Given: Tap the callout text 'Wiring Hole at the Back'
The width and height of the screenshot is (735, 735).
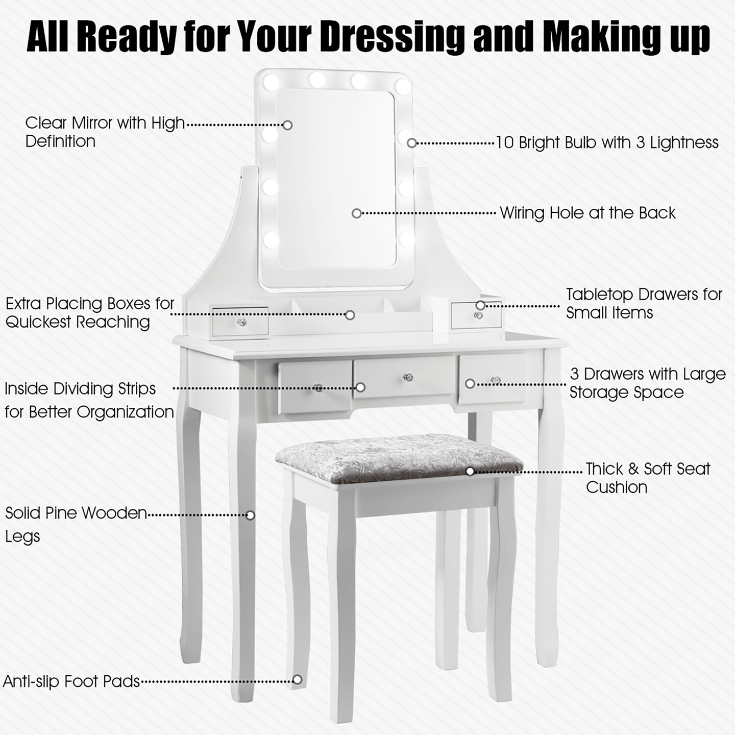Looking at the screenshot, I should point(587,212).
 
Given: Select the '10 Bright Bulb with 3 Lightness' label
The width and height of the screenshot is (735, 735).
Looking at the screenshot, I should point(607,142).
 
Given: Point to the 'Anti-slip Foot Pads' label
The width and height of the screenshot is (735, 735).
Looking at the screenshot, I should point(71,681).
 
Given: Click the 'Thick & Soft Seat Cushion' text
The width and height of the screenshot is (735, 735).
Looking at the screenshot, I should point(647,478).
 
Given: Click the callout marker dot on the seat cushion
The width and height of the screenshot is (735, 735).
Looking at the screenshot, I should point(470,471).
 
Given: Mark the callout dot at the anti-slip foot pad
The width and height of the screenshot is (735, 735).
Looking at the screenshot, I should point(297,679).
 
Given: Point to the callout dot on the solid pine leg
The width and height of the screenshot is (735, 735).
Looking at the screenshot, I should point(250,515).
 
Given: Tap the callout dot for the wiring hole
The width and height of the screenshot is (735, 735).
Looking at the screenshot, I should point(356,213).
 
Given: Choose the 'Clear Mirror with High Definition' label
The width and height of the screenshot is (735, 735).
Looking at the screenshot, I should point(105,132).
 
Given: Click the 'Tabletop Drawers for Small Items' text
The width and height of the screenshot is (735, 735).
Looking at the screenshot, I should point(644,303).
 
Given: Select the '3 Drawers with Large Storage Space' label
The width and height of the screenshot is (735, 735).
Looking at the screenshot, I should point(647,383).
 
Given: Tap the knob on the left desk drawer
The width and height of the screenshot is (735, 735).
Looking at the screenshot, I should point(318,388).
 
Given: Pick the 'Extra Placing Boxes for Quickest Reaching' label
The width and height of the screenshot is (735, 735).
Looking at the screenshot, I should point(90,312).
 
